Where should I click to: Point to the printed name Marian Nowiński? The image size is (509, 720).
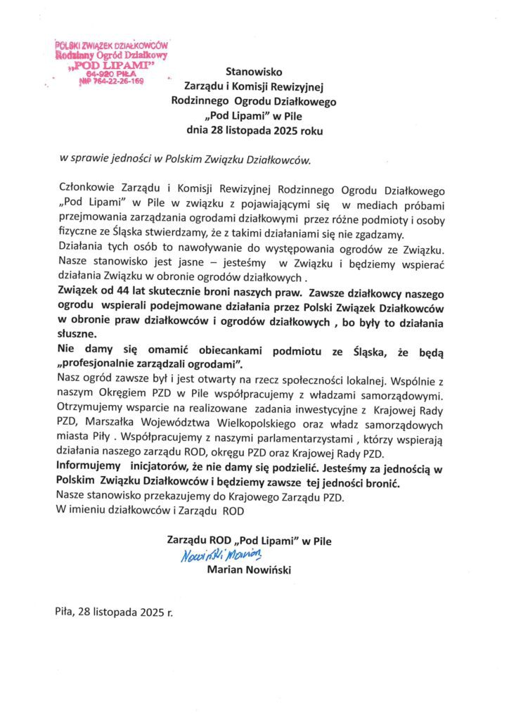(x=250, y=570)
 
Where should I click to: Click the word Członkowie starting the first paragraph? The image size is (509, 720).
(x=84, y=190)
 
